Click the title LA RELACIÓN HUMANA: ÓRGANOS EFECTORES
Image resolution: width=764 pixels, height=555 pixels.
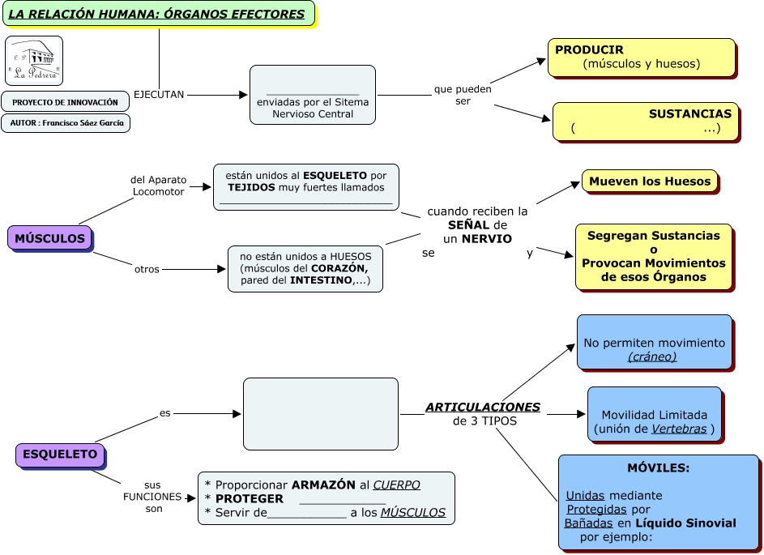coord(156,14)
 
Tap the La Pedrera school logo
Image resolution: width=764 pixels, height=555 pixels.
coord(33,61)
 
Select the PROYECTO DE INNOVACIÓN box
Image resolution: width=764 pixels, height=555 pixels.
coord(65,102)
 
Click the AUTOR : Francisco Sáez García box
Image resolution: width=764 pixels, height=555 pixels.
coord(65,123)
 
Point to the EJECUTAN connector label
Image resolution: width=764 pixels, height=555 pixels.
coord(159,94)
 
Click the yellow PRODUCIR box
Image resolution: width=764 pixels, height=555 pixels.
coord(641,57)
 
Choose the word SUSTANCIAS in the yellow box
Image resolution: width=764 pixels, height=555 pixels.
coord(689,114)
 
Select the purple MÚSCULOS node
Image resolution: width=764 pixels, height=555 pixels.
coord(49,238)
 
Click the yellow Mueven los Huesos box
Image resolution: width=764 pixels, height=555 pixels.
coord(649,181)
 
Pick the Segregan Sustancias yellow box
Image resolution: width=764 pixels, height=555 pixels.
coord(653,256)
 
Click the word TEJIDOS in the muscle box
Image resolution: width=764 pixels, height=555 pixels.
coord(252,187)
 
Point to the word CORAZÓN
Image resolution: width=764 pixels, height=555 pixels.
coord(339,268)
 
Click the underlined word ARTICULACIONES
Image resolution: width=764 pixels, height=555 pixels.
coord(483,407)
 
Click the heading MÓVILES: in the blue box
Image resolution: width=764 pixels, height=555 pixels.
coord(658,468)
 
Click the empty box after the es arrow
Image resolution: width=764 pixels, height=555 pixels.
coord(321,413)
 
